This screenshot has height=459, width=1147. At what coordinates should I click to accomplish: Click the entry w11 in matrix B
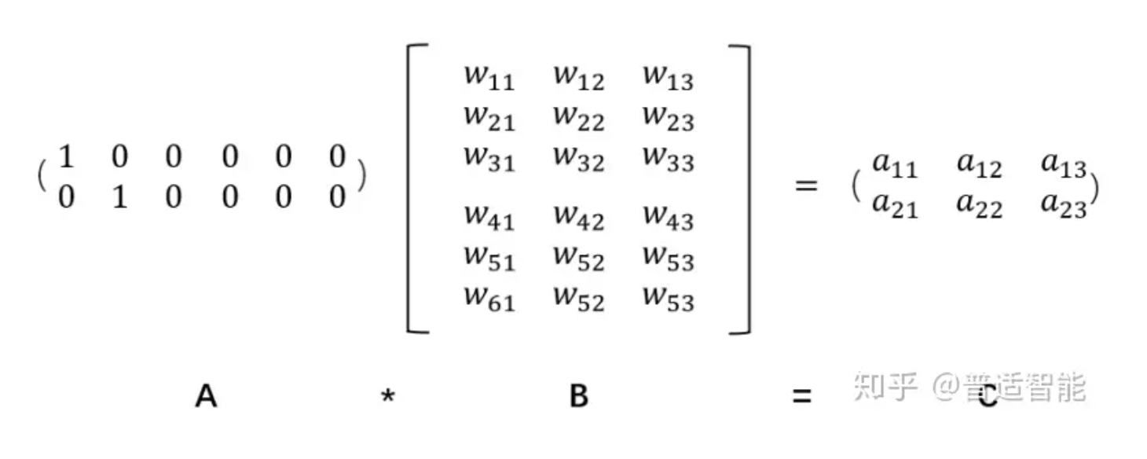click(x=489, y=78)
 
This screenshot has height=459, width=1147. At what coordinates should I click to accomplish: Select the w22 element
click(x=579, y=119)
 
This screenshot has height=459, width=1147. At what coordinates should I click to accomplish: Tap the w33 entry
click(x=669, y=160)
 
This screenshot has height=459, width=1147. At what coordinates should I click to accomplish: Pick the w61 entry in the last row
click(x=489, y=299)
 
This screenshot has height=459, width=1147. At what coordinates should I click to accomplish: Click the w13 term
click(x=669, y=78)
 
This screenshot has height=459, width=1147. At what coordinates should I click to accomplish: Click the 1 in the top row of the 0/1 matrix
click(x=67, y=156)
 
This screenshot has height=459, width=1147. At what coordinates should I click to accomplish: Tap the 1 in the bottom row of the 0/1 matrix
click(x=120, y=197)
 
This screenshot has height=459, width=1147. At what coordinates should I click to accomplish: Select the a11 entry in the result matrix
click(x=895, y=166)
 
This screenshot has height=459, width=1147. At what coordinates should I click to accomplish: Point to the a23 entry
click(x=1064, y=206)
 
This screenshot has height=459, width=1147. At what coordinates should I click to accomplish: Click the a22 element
click(x=979, y=206)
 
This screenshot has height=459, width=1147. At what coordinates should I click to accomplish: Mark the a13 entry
click(x=1064, y=166)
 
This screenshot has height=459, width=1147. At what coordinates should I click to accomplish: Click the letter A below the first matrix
click(x=207, y=396)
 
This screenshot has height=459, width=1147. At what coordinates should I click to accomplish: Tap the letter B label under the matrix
click(x=579, y=396)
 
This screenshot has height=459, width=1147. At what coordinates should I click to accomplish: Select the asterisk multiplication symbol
click(x=388, y=395)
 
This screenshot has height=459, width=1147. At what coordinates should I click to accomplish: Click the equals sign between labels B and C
click(x=802, y=396)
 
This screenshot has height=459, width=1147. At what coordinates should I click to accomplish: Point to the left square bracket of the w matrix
click(x=409, y=189)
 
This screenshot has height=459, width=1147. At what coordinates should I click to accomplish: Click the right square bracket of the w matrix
click(x=749, y=189)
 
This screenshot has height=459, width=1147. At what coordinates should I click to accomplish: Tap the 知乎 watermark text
click(x=885, y=387)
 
